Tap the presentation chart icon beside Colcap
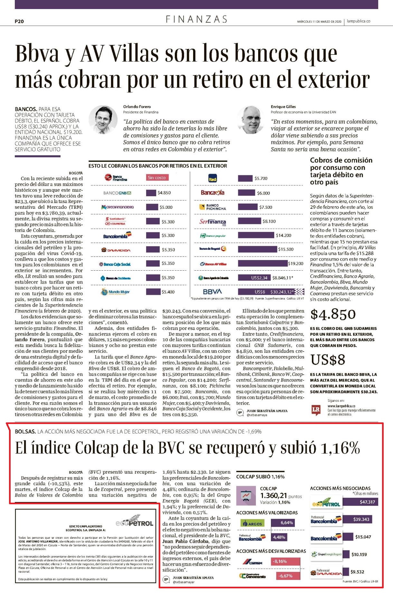[246, 495]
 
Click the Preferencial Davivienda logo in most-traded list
[326, 572]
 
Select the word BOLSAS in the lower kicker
[25, 431]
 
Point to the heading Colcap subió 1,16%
[260, 477]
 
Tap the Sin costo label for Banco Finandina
[157, 177]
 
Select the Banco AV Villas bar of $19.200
[263, 263]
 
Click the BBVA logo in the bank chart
[212, 292]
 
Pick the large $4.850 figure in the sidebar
[333, 314]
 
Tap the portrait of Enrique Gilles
[250, 120]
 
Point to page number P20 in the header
[19, 21]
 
